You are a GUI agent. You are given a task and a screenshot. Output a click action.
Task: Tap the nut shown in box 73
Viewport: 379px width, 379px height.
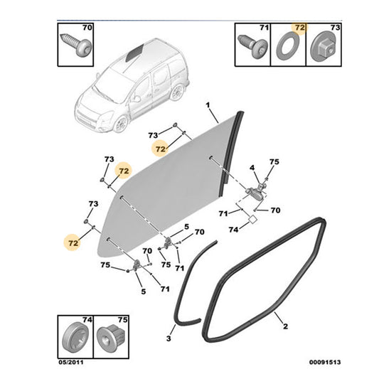pyautogui.click(x=321, y=49)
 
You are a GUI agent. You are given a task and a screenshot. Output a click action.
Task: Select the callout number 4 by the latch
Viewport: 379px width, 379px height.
pyautogui.click(x=252, y=168)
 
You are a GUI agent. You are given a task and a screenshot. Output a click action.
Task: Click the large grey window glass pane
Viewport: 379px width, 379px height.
pyautogui.click(x=171, y=185)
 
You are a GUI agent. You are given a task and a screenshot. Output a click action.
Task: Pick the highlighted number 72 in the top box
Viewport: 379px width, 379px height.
pyautogui.click(x=299, y=28)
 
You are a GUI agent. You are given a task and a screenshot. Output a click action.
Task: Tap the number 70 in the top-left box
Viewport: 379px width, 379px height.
pyautogui.click(x=87, y=28)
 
